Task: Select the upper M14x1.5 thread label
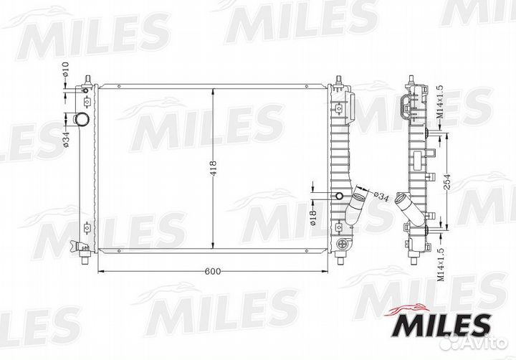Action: pos(440,101)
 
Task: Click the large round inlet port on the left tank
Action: pos(83,118)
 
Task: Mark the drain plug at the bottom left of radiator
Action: pos(84,249)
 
